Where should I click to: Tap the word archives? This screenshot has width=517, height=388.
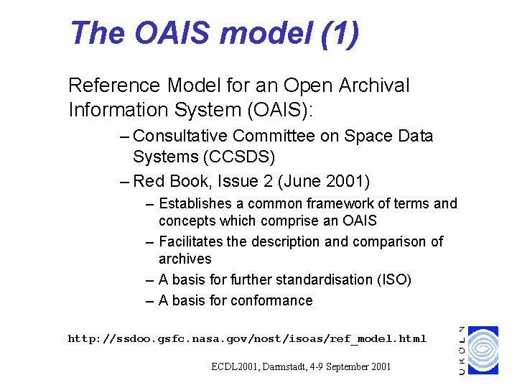[185, 259]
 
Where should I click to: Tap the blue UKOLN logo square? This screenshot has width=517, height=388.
[482, 350]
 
